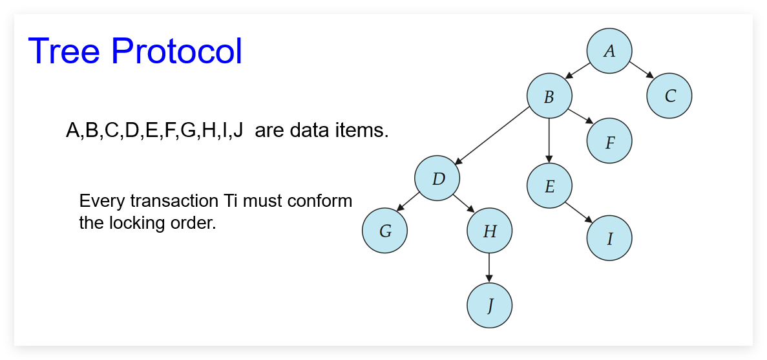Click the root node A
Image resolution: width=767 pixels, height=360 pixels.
click(x=609, y=51)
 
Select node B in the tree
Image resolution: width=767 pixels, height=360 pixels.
click(x=549, y=96)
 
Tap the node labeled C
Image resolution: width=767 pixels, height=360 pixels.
click(x=669, y=96)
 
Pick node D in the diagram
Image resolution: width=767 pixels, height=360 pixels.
click(x=438, y=178)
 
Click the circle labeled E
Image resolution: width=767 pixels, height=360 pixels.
click(x=549, y=186)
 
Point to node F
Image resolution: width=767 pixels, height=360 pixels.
click(x=609, y=141)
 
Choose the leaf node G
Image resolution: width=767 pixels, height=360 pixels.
click(x=385, y=231)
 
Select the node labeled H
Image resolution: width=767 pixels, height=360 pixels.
click(x=490, y=231)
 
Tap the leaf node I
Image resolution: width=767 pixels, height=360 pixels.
click(x=609, y=238)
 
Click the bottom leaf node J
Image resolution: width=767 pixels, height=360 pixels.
click(x=490, y=306)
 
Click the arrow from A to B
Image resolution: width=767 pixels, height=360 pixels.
click(x=577, y=70)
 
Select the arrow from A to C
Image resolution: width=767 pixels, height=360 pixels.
click(x=641, y=70)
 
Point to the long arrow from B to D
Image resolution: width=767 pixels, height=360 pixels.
click(x=492, y=135)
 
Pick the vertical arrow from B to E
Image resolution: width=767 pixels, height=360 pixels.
click(x=549, y=140)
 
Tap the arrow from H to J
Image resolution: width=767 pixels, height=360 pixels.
click(x=490, y=268)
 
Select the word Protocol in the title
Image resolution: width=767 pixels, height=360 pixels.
click(x=177, y=51)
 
